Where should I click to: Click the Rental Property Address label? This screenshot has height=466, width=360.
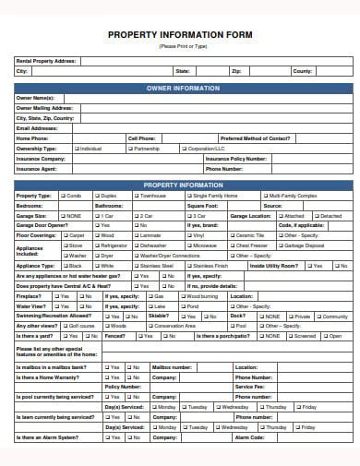click(x=47, y=60)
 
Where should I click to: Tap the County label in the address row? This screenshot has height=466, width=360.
click(x=303, y=70)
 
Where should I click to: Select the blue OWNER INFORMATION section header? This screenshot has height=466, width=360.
click(x=183, y=88)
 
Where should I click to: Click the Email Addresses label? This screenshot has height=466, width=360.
click(x=37, y=128)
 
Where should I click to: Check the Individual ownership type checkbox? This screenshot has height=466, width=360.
click(x=76, y=148)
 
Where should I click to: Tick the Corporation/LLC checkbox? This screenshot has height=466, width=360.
click(x=184, y=148)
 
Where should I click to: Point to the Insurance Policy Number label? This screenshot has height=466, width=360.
click(x=236, y=158)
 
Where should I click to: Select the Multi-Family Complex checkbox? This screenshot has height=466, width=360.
click(x=266, y=196)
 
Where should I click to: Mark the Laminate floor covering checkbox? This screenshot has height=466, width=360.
click(x=136, y=235)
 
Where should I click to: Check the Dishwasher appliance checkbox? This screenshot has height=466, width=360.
click(x=136, y=245)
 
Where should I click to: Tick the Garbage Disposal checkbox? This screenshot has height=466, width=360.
click(x=281, y=245)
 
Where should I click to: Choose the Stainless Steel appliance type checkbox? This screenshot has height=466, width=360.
click(x=136, y=265)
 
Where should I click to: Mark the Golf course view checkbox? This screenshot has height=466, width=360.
click(x=66, y=325)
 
